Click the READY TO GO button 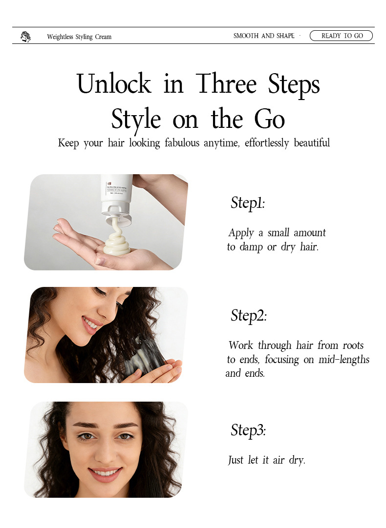pyautogui.click(x=341, y=36)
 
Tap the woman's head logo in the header pyautogui.click(x=25, y=37)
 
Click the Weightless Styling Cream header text pyautogui.click(x=79, y=37)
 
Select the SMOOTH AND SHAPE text pyautogui.click(x=264, y=36)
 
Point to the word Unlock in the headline pyautogui.click(x=114, y=83)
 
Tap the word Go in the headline pyautogui.click(x=269, y=119)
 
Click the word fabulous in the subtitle pyautogui.click(x=182, y=143)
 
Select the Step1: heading pyautogui.click(x=248, y=203)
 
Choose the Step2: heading pyautogui.click(x=248, y=316)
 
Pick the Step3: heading pyautogui.click(x=248, y=430)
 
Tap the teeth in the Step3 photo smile pyautogui.click(x=106, y=472)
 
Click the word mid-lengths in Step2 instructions pyautogui.click(x=344, y=360)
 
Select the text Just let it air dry pyautogui.click(x=267, y=460)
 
